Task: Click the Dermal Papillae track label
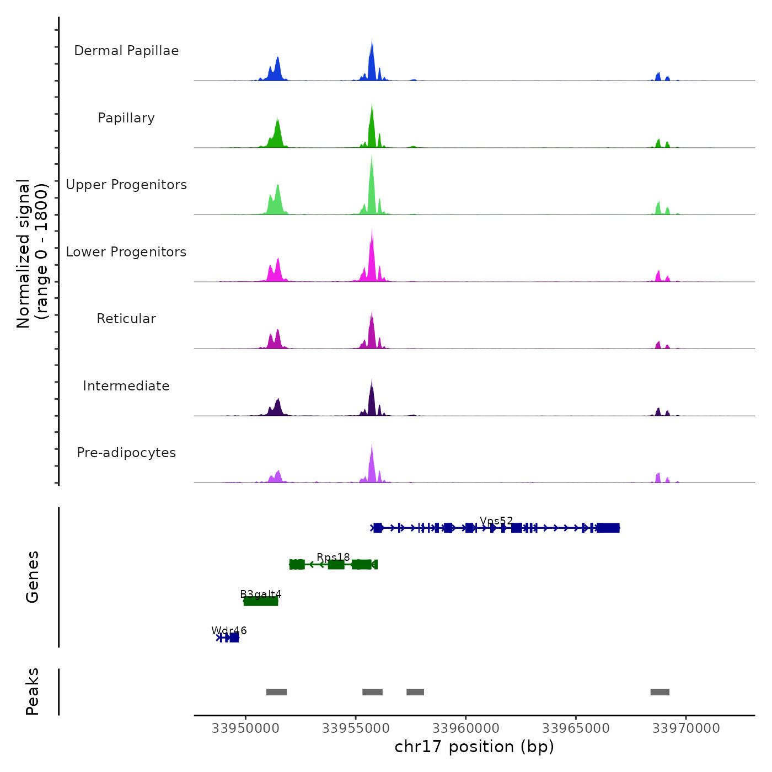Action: (x=126, y=51)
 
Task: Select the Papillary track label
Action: (x=126, y=118)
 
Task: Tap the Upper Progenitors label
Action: (x=126, y=185)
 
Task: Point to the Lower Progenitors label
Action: (x=126, y=252)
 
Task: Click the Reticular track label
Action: (x=126, y=319)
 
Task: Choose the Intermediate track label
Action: (x=126, y=386)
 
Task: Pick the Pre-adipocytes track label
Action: (x=126, y=453)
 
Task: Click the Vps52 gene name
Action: (x=496, y=521)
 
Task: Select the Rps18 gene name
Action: (x=333, y=557)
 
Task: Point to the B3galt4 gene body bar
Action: (x=261, y=601)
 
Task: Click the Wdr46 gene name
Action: (x=229, y=630)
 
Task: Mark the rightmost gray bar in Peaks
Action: (x=660, y=692)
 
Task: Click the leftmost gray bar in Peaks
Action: (x=276, y=692)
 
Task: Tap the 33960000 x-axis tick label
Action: (x=465, y=728)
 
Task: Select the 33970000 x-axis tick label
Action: (x=686, y=728)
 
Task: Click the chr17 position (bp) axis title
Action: (x=474, y=747)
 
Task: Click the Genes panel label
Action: (x=33, y=577)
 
